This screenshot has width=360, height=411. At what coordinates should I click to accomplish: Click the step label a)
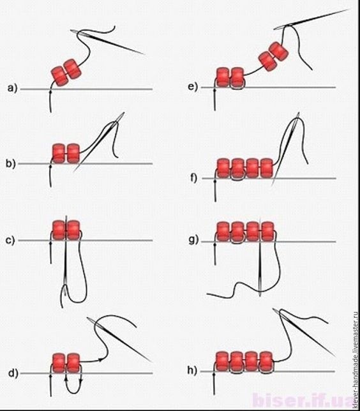12,88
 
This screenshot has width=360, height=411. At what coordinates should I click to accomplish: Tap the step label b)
11,163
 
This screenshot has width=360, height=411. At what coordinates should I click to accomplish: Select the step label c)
10,240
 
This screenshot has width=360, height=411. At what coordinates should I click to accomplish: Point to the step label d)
13,373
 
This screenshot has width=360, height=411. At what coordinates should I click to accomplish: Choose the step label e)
193,87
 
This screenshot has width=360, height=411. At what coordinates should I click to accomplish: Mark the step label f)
193,177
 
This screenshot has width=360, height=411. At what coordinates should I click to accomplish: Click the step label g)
194,240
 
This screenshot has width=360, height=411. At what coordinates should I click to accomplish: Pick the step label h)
192,370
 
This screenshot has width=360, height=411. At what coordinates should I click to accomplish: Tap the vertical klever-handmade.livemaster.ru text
356,360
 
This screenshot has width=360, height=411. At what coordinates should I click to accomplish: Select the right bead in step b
73,153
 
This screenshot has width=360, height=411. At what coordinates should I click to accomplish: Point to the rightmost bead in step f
267,168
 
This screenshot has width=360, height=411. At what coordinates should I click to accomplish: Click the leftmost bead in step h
223,361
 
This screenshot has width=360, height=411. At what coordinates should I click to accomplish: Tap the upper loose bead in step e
278,52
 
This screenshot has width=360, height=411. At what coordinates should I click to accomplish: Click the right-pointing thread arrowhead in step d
100,360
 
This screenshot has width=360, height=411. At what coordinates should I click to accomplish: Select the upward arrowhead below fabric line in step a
50,91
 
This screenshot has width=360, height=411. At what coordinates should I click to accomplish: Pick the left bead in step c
59,230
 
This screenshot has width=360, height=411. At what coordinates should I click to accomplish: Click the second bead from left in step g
238,232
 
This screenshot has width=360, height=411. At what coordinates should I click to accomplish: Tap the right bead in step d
73,363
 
